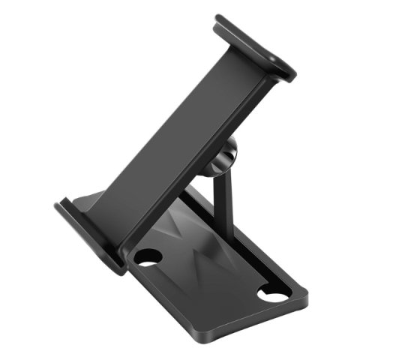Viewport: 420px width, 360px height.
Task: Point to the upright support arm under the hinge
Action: pos(217,199)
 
